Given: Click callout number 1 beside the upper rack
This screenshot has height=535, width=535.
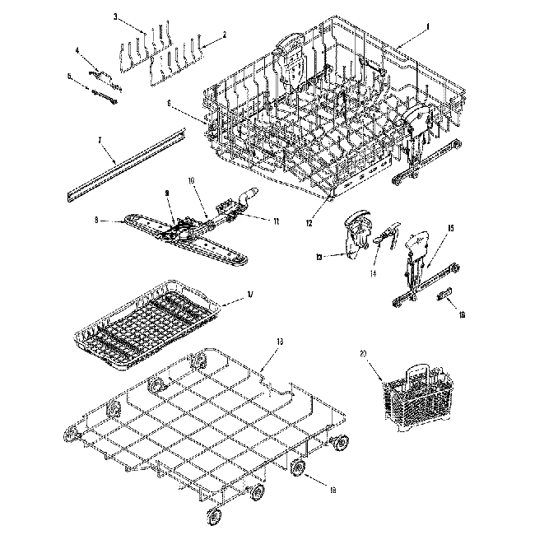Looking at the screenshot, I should pos(427,26).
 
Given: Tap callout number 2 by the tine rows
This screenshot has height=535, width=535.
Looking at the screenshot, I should pos(225,35).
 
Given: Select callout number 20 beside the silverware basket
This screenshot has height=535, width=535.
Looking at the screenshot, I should pos(363,354).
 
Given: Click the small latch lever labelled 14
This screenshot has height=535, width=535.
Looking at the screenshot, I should pos(388,238).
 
